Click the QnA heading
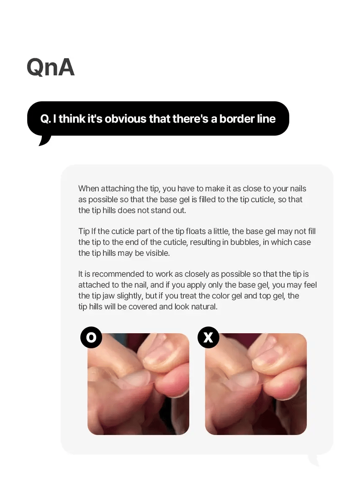[x=50, y=67]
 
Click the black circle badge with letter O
[x=91, y=337]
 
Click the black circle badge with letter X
[x=208, y=337]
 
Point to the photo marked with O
[x=138, y=384]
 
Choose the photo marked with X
[x=256, y=384]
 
